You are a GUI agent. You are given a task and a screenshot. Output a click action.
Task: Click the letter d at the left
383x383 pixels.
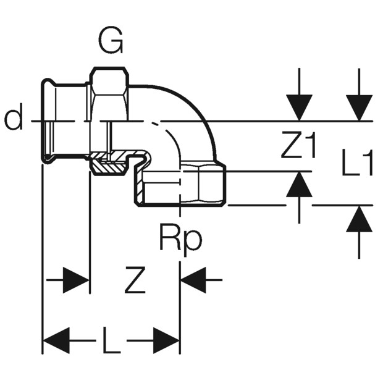14,116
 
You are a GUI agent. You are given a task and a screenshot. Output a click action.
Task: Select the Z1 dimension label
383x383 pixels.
299,145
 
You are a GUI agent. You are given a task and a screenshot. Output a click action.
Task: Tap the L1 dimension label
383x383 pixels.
357,162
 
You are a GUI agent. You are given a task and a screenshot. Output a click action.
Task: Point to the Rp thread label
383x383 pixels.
181,240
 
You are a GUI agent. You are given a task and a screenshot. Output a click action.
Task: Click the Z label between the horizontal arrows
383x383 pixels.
135,280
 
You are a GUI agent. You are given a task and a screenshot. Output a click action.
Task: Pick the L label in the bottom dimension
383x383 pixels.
112,340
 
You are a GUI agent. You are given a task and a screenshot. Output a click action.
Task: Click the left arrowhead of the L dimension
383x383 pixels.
56,340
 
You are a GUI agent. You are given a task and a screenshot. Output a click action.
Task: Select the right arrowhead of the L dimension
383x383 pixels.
167,340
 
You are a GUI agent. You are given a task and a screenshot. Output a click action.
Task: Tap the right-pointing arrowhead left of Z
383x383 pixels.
76,280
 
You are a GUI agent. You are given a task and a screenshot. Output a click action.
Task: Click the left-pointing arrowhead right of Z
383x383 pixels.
193,280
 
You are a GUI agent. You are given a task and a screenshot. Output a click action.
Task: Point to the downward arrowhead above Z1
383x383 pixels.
299,107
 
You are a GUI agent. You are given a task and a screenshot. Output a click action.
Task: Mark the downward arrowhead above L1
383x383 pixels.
359,107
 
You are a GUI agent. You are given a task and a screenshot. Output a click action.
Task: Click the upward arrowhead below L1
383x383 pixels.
359,219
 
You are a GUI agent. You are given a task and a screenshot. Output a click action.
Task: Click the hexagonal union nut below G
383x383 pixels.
109,94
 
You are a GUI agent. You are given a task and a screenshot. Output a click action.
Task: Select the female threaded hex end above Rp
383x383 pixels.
203,185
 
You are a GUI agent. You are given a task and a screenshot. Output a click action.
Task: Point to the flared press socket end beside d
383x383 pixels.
48,121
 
